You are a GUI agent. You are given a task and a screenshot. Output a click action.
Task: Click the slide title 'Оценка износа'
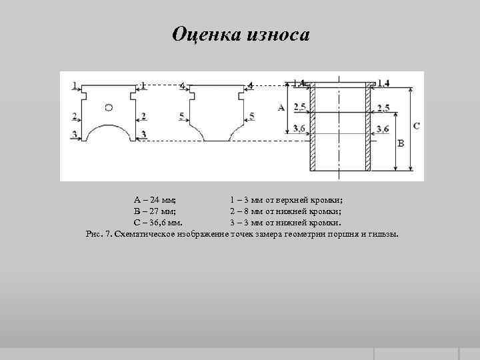[x=241, y=33]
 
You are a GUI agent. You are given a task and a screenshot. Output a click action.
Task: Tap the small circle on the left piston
[x=109, y=107]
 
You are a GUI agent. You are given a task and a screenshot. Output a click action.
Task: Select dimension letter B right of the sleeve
[x=400, y=143]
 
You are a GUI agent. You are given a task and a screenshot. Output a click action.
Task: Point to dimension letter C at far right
[x=417, y=125]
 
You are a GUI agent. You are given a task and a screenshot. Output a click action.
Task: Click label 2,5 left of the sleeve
[x=299, y=107]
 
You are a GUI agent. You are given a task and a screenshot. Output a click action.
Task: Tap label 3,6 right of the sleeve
[x=383, y=129]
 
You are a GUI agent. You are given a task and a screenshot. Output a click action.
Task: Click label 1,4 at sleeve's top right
[x=383, y=83]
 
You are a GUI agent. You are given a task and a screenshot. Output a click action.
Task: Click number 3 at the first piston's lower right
[x=143, y=135]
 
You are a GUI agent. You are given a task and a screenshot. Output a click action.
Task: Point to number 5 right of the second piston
[x=251, y=117]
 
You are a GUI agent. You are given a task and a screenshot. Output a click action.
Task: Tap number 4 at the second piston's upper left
[x=181, y=85]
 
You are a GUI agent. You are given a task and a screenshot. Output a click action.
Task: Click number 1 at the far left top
[x=75, y=85]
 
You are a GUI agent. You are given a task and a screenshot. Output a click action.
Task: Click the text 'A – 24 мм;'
[x=155, y=199]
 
